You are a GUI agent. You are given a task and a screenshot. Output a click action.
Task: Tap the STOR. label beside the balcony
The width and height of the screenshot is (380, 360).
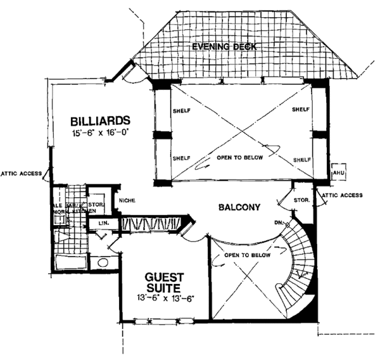302,200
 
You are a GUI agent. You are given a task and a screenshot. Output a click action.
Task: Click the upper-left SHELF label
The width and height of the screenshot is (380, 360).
181,110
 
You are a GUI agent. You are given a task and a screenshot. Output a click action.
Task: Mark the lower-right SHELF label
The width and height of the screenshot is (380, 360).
301,159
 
